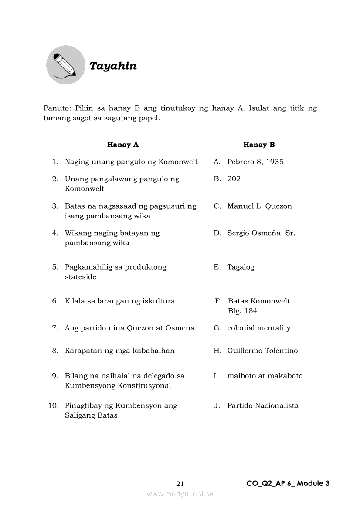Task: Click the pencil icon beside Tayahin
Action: coord(65,65)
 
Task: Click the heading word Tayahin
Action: coord(113,66)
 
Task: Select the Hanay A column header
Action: coord(123,145)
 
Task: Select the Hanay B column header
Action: coord(259,145)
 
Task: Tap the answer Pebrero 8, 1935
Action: coord(255,162)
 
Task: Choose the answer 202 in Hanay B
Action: coord(234,179)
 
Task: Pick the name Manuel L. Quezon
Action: coord(259,206)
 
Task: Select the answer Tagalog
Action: coord(241,267)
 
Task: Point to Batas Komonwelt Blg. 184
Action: coord(258,306)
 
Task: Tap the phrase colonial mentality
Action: coord(258,328)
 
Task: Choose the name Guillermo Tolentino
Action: coord(262,351)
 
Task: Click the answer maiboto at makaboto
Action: coord(265,376)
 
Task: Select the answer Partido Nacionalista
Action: coord(263,406)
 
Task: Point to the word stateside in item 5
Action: coord(81,277)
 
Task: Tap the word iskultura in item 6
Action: coord(159,301)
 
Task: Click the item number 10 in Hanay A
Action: coord(53,406)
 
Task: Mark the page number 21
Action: coord(180,483)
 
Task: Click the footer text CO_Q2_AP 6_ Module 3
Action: coord(288,483)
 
